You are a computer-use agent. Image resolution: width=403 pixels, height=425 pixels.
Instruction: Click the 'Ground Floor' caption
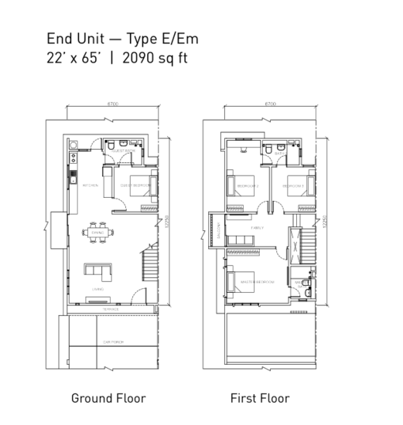[x=108, y=399]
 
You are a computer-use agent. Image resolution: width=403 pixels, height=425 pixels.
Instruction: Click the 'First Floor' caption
[x=260, y=399]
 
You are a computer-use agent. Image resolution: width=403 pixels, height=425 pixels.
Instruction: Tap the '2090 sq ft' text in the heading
[x=155, y=56]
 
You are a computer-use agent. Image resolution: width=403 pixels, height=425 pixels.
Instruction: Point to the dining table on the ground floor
[x=97, y=233]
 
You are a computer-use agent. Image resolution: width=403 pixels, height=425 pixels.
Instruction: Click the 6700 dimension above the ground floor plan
[x=113, y=103]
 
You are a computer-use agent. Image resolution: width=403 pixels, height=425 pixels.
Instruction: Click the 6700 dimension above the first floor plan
[x=271, y=103]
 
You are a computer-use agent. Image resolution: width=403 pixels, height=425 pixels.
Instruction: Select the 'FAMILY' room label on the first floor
[x=258, y=228]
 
